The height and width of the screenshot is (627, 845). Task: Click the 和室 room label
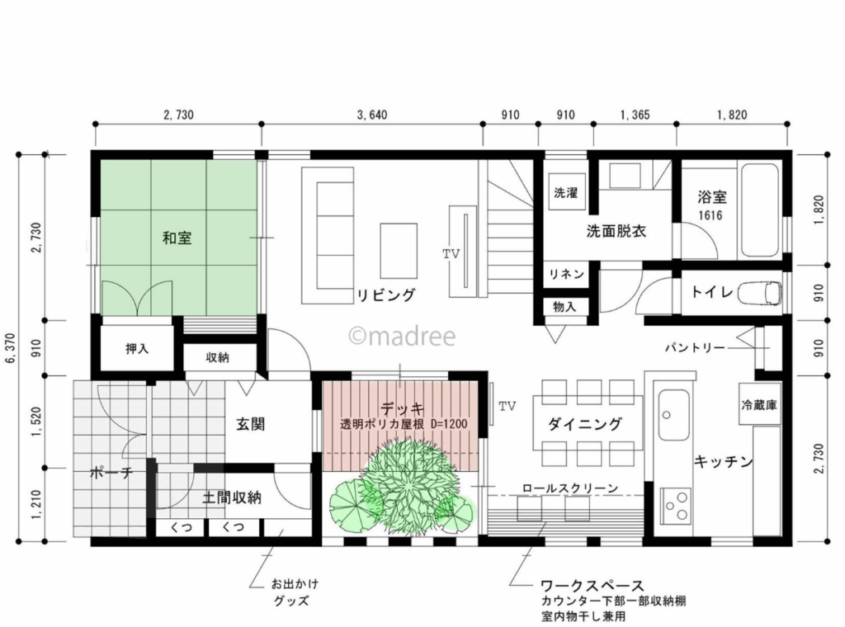(x=177, y=238)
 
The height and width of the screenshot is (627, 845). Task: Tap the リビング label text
(x=385, y=295)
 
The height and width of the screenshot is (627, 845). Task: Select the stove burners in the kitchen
(x=676, y=505)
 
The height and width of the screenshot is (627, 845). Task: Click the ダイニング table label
(x=585, y=424)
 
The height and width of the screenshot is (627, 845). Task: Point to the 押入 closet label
(x=137, y=349)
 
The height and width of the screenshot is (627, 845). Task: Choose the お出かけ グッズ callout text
(x=295, y=592)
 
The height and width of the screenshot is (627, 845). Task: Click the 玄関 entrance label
(x=250, y=424)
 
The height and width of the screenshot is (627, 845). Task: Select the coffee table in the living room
(x=399, y=250)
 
